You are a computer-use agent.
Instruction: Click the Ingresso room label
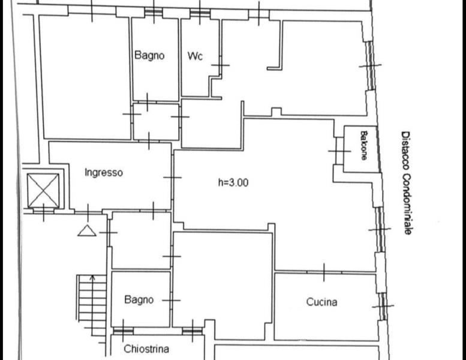tap(104, 172)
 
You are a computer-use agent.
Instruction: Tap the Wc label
tap(195, 56)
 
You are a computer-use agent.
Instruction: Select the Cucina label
tap(321, 302)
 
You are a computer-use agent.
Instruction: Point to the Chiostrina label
tap(146, 349)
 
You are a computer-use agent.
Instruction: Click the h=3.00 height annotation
tap(233, 182)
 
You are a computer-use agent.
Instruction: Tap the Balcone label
tap(363, 145)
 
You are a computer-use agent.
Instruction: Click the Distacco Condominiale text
tap(406, 183)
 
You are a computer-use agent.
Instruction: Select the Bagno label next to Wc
tap(149, 55)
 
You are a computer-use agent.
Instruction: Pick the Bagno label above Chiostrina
tap(139, 299)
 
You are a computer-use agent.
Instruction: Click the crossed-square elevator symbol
tap(43, 191)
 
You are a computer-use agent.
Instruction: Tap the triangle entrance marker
tap(87, 230)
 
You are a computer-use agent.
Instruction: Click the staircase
tap(92, 305)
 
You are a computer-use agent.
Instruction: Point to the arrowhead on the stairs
tap(92, 278)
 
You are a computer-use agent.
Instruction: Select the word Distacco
tap(405, 151)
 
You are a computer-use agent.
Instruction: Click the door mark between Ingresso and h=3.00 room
tap(172, 178)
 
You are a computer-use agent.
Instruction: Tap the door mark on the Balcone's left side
tap(339, 151)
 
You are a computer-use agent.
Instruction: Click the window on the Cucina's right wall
tap(383, 306)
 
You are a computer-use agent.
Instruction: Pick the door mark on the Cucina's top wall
tap(324, 272)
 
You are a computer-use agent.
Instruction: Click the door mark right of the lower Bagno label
tap(171, 300)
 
